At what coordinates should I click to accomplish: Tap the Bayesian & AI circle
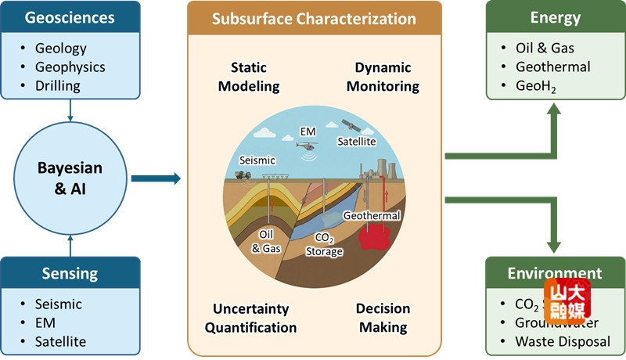70,179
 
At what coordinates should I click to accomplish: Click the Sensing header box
70,273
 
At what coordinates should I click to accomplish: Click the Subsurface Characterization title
314,18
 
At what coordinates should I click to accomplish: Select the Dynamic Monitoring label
383,77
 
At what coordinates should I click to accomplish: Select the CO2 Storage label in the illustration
324,245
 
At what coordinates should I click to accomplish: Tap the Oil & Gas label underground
268,241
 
